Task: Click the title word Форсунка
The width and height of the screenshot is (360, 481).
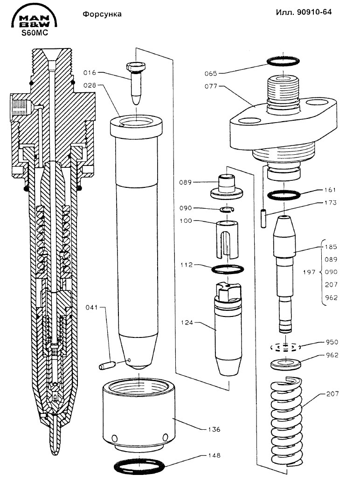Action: tap(102, 14)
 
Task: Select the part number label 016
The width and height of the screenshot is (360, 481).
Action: tap(90, 73)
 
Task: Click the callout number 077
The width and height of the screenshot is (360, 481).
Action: tap(210, 86)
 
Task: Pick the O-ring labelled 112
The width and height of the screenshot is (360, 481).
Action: tap(228, 269)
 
